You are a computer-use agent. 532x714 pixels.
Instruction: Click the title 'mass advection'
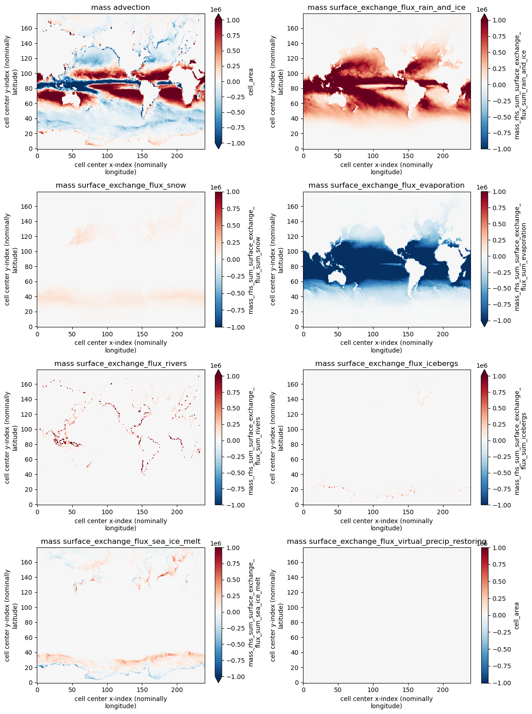click(120, 7)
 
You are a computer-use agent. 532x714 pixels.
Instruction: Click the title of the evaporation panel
click(386, 185)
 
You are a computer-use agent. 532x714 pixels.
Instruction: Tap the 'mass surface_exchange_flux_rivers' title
click(120, 363)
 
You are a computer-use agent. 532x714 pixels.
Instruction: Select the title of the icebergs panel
click(386, 363)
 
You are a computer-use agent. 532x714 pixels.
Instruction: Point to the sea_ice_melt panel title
click(120, 541)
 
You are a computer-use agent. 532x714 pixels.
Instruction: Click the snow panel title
click(120, 185)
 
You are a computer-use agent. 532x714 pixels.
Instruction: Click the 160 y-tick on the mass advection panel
click(28, 28)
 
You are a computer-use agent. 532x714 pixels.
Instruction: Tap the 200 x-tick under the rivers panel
click(177, 511)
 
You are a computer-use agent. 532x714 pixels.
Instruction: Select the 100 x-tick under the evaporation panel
click(373, 334)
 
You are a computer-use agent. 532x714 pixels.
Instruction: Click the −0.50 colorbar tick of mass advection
click(233, 112)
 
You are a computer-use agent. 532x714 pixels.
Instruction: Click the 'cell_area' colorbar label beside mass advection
click(251, 82)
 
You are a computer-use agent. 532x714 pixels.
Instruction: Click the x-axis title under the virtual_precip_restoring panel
click(386, 702)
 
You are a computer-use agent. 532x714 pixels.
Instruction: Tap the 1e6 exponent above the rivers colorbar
click(215, 366)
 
